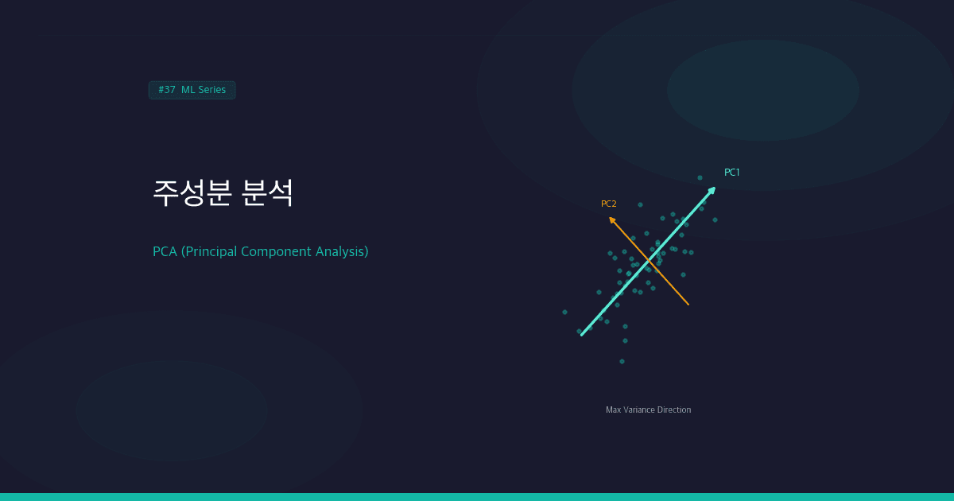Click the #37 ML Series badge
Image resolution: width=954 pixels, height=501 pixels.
click(192, 90)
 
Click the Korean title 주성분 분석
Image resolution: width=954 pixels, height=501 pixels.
click(223, 193)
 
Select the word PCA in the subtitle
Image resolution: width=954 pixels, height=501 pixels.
click(165, 251)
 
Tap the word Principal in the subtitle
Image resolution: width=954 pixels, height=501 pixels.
click(210, 251)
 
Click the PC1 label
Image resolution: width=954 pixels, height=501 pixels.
click(731, 173)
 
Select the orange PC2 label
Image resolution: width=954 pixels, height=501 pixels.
click(608, 204)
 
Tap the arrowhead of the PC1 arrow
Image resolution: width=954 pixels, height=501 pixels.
click(712, 189)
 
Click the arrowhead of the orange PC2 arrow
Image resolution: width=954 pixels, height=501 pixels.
click(611, 219)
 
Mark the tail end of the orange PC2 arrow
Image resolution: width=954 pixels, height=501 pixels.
click(688, 305)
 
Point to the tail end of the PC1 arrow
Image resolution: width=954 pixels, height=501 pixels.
click(582, 335)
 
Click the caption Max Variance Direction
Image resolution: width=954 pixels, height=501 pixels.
click(648, 410)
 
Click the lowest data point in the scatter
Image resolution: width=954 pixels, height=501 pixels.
click(622, 361)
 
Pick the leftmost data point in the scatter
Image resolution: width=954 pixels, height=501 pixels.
click(564, 312)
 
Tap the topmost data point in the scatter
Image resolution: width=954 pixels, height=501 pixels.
click(700, 177)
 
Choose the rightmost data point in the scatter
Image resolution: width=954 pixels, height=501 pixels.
click(715, 219)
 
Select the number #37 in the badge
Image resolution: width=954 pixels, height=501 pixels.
click(166, 90)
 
